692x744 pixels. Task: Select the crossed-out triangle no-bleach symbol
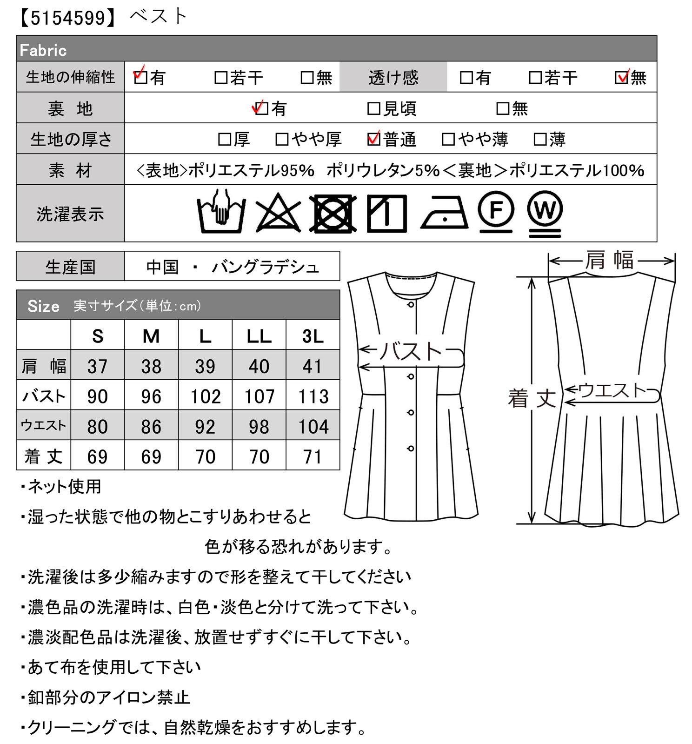point(278,212)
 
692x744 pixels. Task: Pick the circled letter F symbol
point(496,212)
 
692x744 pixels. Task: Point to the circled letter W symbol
point(545,214)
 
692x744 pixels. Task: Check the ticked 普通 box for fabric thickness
point(374,139)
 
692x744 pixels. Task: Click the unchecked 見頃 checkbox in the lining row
point(373,109)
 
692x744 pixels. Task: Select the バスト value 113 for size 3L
point(313,396)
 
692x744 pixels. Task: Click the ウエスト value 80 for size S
point(98,426)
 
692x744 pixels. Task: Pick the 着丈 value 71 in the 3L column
point(313,456)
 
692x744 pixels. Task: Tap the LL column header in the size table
point(259,336)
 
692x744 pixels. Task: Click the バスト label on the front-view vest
point(411,351)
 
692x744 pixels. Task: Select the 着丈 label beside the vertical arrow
point(532,398)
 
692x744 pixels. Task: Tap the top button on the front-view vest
point(411,304)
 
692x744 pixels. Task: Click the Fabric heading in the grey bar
point(43,50)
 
